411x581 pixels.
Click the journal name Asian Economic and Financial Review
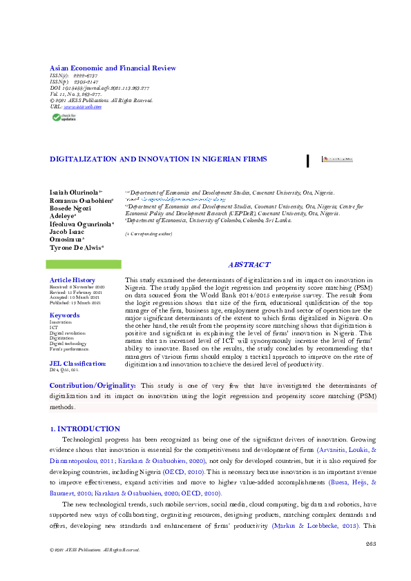coord(113,68)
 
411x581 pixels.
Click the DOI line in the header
coord(99,88)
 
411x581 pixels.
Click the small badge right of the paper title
coord(337,159)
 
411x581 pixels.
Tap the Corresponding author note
coord(148,235)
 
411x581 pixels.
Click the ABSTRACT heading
coord(249,265)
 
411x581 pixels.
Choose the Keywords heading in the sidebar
coord(64,315)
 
